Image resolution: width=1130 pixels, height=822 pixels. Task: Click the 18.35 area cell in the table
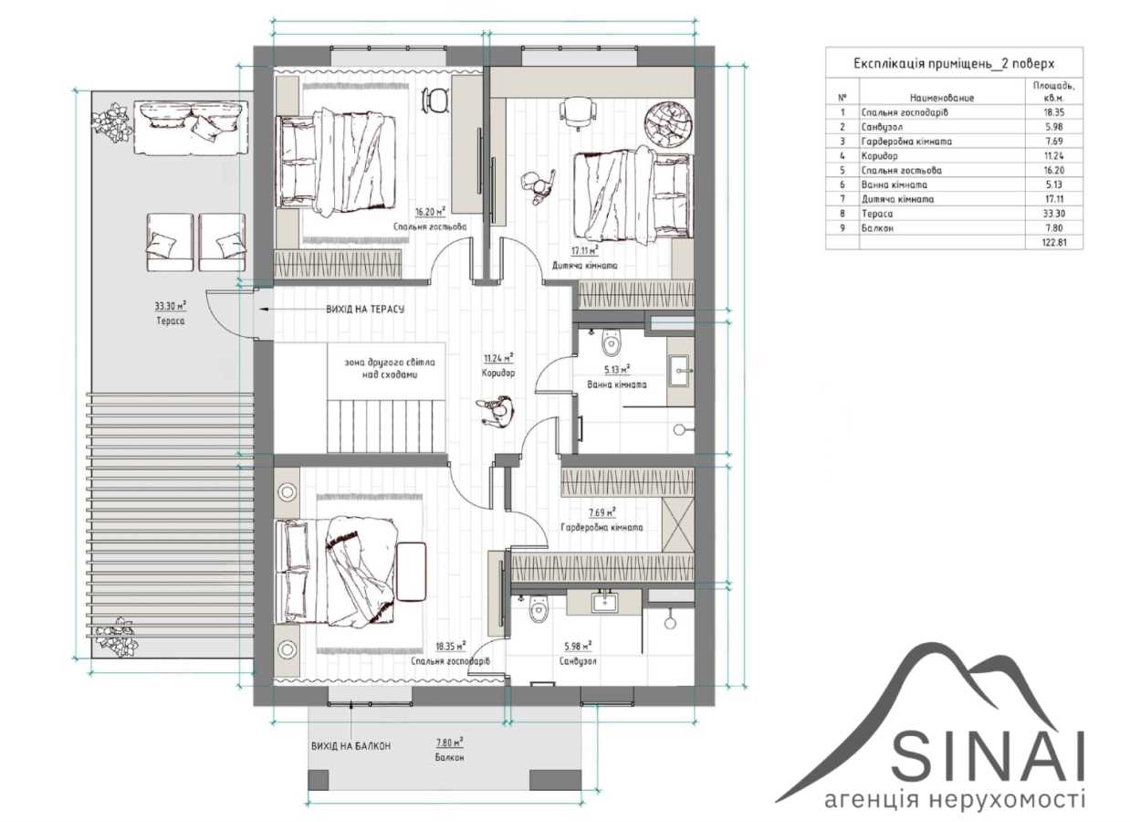click(1054, 112)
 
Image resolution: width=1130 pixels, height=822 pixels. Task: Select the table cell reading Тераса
click(877, 214)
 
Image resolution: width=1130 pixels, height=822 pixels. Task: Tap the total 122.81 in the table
click(1054, 243)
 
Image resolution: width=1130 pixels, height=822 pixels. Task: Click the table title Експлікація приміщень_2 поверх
click(954, 64)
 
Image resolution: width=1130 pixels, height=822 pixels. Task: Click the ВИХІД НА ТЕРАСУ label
click(365, 309)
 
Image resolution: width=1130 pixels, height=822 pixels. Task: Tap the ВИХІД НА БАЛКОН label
click(351, 746)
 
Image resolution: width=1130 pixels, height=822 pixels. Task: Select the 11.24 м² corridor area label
click(498, 358)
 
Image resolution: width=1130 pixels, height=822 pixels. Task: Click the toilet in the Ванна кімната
click(611, 342)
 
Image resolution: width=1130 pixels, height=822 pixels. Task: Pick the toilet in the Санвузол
click(539, 609)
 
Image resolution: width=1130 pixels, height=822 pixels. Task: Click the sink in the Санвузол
click(604, 603)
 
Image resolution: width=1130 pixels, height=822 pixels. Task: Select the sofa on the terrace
click(191, 127)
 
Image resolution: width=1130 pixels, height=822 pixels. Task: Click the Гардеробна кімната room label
click(602, 528)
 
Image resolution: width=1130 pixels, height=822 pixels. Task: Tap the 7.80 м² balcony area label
click(449, 743)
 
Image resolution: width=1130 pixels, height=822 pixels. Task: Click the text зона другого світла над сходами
click(390, 369)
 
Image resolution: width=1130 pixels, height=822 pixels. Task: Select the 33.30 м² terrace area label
click(170, 306)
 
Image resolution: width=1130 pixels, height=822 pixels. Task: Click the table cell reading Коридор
click(879, 156)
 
